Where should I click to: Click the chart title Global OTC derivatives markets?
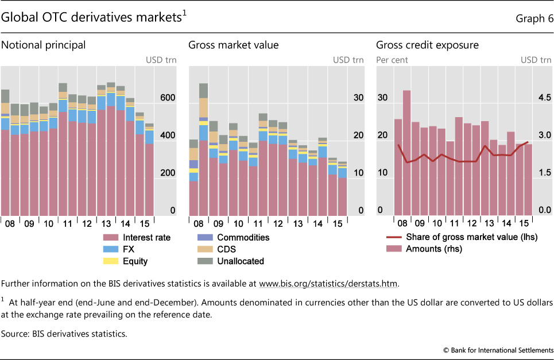(x=92, y=18)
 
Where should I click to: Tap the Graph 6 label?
(x=533, y=18)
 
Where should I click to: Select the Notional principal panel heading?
(x=44, y=45)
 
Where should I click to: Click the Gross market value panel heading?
(x=229, y=45)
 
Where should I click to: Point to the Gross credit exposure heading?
(x=427, y=45)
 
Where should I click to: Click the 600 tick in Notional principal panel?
(x=168, y=98)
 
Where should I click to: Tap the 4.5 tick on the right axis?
(x=543, y=98)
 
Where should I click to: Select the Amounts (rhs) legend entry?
(x=433, y=249)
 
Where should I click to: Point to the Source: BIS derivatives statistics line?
(x=64, y=333)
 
